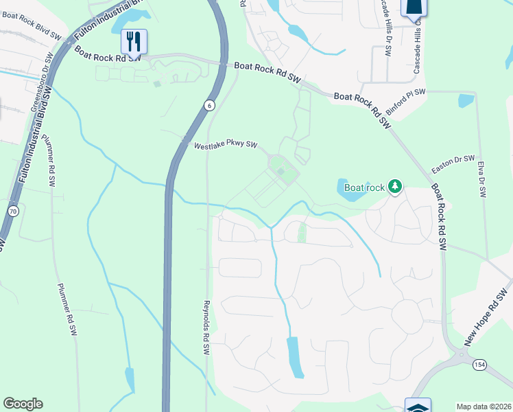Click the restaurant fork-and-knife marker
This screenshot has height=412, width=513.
pos(134,41)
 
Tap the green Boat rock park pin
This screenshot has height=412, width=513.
pos(394,186)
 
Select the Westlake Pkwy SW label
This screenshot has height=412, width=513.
pos(225,146)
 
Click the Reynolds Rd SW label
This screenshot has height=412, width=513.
pos(206,327)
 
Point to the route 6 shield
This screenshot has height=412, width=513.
pos(209,105)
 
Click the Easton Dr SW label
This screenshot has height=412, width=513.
pos(453,164)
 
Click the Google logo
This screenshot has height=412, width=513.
pos(23,404)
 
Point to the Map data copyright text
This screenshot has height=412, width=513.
pos(483,407)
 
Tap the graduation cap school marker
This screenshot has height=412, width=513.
pos(418,406)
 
